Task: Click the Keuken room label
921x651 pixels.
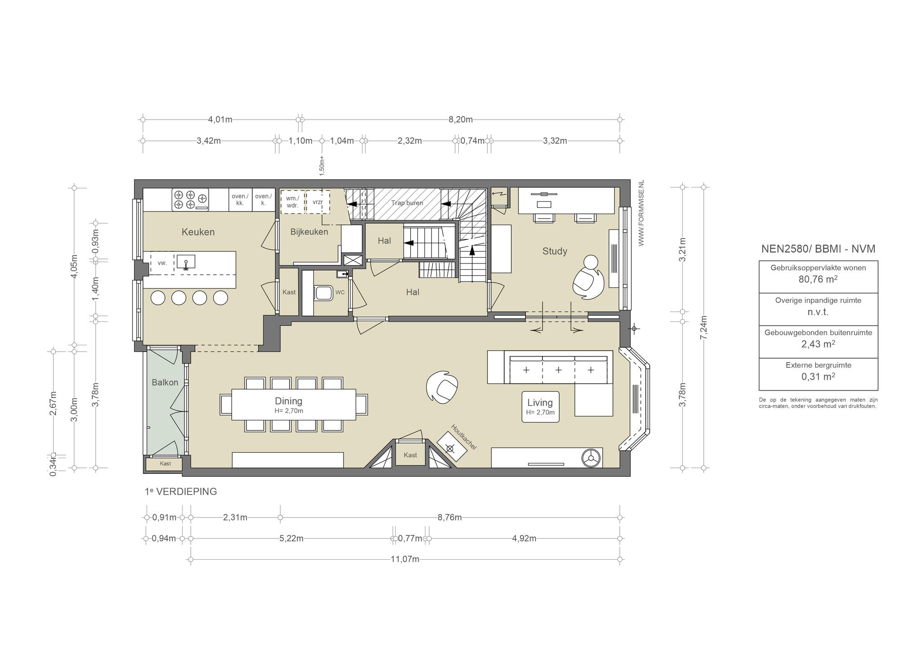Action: click(x=198, y=232)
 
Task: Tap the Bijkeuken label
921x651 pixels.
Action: click(x=309, y=232)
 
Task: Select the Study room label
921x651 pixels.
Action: click(x=554, y=251)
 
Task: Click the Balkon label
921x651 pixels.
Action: click(x=165, y=383)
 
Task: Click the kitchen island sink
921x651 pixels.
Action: click(x=186, y=262)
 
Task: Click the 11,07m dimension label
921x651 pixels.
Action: click(x=405, y=559)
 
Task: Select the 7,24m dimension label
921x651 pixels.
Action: click(x=704, y=327)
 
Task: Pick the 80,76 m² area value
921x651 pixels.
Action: click(x=818, y=279)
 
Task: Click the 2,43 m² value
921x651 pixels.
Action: click(x=818, y=344)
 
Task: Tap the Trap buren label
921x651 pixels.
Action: click(x=407, y=203)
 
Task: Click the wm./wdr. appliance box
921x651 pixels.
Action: click(x=293, y=202)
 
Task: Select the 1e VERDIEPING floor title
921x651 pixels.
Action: click(x=181, y=491)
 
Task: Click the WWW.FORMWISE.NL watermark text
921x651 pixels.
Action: click(x=641, y=213)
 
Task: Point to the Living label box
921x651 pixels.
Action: click(x=540, y=407)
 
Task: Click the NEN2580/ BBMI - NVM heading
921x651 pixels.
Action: click(x=818, y=249)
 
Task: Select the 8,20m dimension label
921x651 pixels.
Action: click(x=460, y=120)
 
